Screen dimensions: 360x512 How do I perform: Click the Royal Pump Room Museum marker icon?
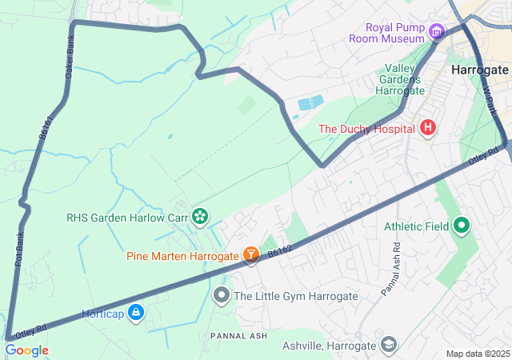tap(436, 32)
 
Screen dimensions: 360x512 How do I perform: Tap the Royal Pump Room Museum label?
tap(384, 32)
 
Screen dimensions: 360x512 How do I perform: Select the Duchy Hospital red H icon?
tap(428, 128)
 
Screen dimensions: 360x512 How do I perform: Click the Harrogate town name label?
tap(480, 70)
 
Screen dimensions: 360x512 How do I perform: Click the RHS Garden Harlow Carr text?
tap(127, 217)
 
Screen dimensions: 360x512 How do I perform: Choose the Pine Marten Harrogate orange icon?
tap(251, 255)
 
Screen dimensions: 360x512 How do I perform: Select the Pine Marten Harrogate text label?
tap(182, 256)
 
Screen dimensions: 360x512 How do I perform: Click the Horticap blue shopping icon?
tap(136, 313)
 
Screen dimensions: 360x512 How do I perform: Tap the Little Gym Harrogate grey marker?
tap(222, 296)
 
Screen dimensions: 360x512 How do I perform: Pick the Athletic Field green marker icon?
tap(462, 226)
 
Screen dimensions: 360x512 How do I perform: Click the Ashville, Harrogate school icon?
tap(388, 345)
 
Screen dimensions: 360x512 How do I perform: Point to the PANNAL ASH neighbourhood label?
tap(240, 335)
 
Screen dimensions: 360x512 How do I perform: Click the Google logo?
tap(26, 350)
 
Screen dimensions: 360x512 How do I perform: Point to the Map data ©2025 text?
tap(477, 354)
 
